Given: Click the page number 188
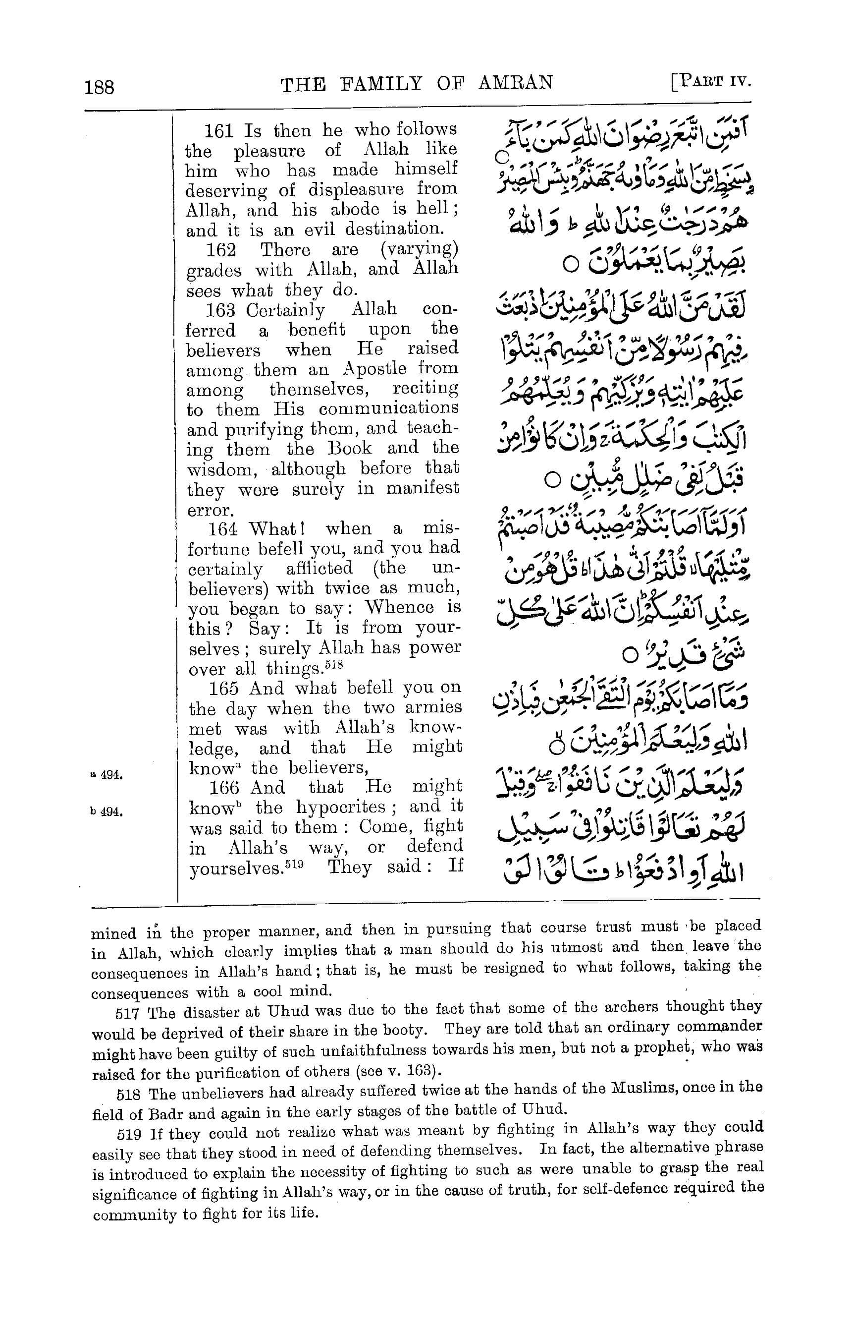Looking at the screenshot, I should click(x=100, y=87).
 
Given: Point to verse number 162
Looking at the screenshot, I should click(x=221, y=250).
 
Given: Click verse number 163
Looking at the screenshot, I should click(x=221, y=310).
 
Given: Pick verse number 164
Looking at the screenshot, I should click(x=222, y=529).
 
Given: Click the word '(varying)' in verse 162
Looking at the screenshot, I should click(x=420, y=249).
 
